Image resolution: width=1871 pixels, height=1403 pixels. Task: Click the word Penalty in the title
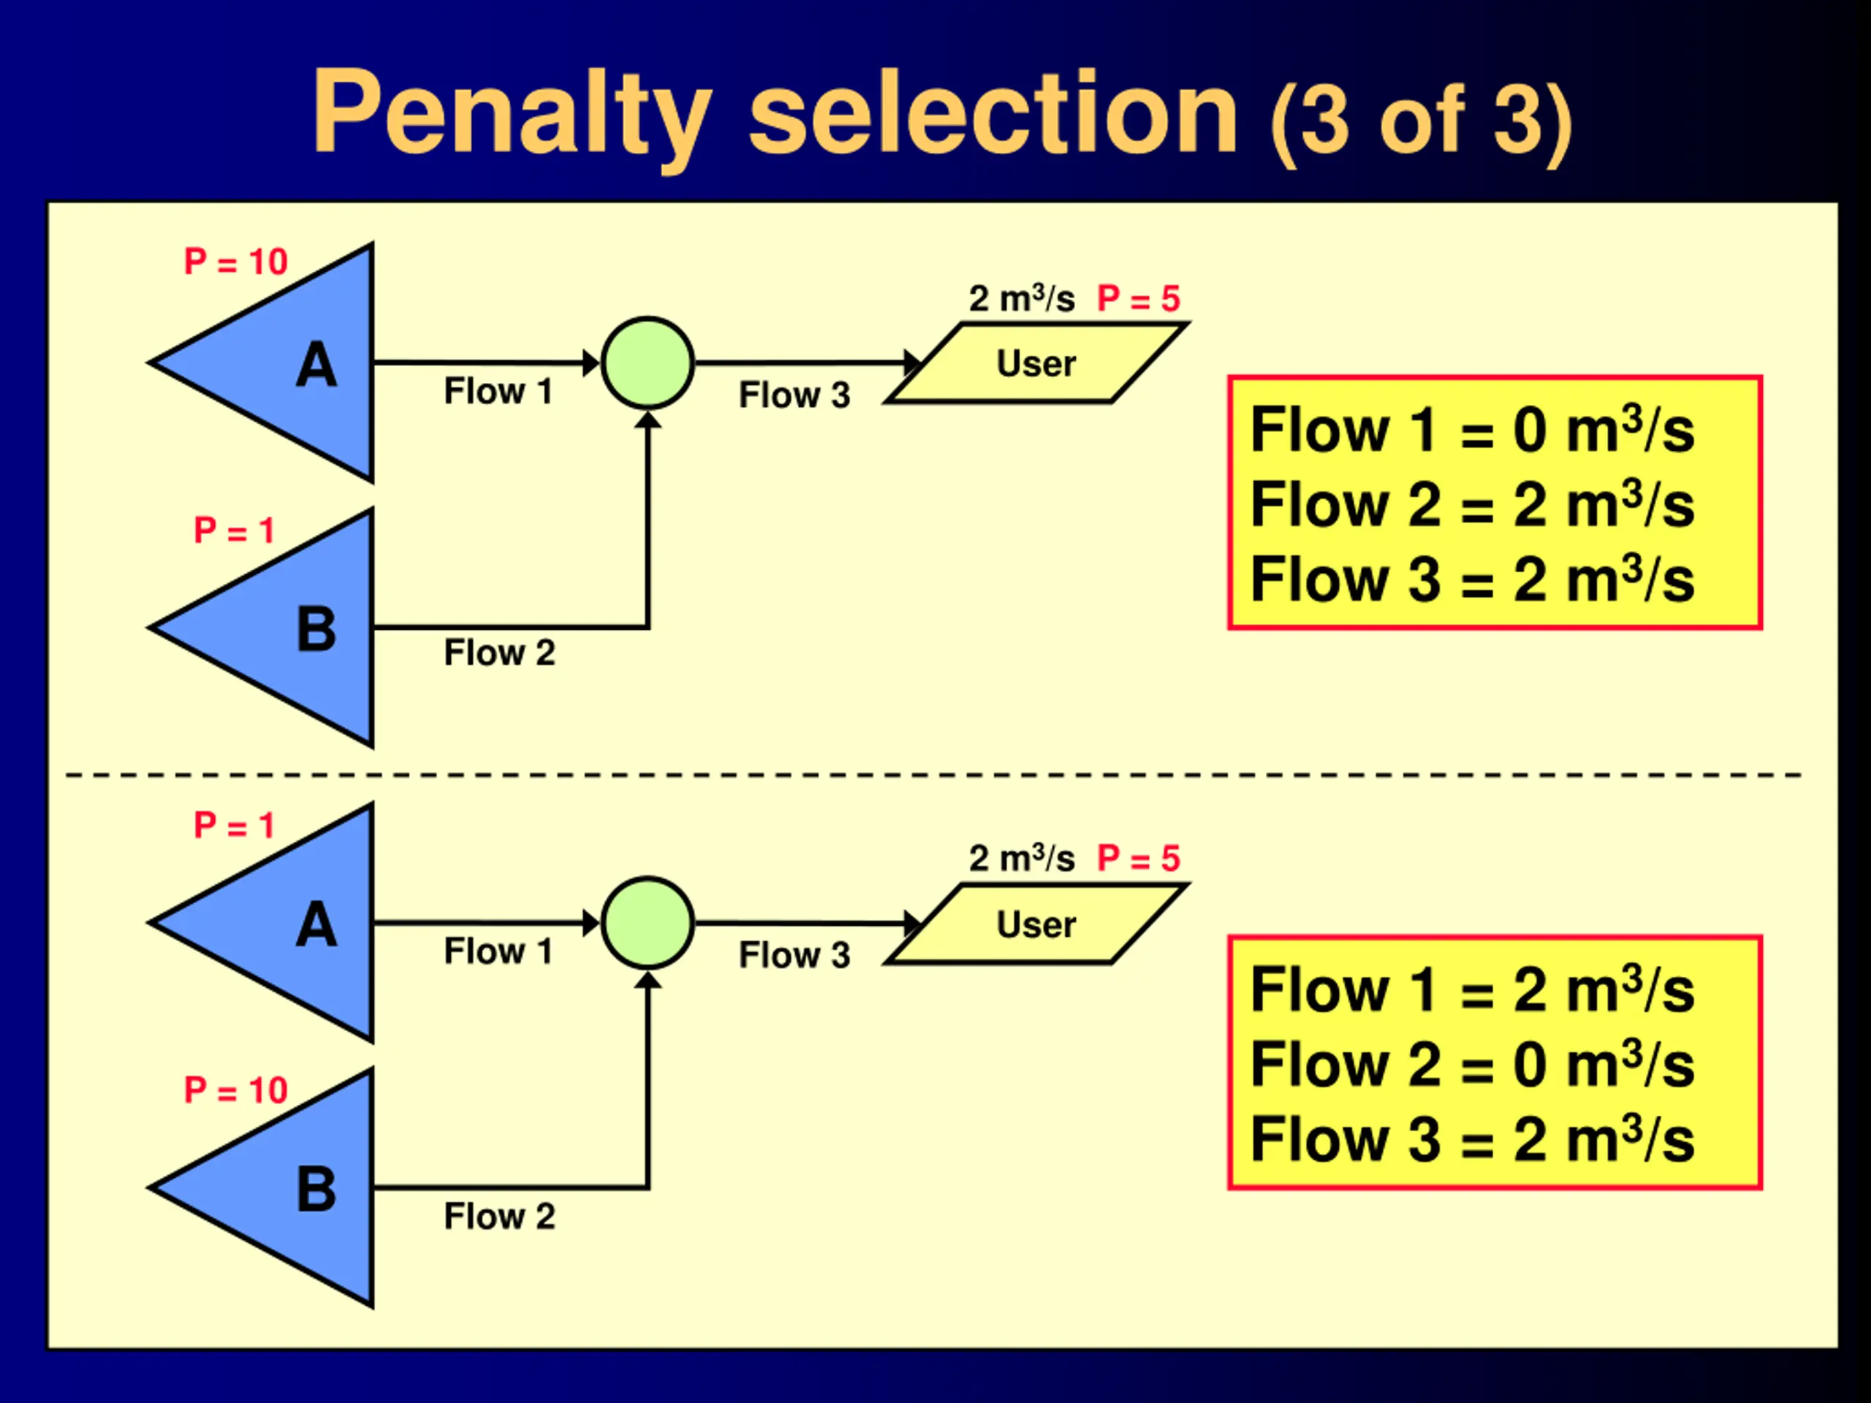(x=511, y=114)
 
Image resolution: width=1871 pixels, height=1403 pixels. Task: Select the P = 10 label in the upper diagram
(x=236, y=262)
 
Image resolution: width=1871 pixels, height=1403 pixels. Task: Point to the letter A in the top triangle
(x=316, y=365)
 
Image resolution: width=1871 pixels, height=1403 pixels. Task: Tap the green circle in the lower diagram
(x=648, y=923)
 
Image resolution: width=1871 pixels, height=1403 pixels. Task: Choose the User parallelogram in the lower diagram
(x=1036, y=924)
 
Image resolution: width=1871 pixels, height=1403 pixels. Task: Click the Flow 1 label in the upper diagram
(x=498, y=392)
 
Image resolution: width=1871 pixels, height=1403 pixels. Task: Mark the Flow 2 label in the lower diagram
(x=499, y=1217)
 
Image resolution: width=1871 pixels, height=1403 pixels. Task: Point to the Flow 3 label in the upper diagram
(x=794, y=395)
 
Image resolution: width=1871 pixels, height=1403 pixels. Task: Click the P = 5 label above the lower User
(x=1139, y=859)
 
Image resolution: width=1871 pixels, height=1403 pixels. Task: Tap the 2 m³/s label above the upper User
(x=1022, y=299)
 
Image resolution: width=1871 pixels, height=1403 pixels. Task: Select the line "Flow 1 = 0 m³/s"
(x=1472, y=430)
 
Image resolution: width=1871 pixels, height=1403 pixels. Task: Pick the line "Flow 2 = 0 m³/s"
(x=1472, y=1065)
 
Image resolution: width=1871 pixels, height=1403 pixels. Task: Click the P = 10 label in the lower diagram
(x=236, y=1091)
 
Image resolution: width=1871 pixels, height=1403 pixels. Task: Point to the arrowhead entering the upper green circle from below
(x=648, y=420)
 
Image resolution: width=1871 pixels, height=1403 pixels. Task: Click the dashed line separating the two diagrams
(x=930, y=775)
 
